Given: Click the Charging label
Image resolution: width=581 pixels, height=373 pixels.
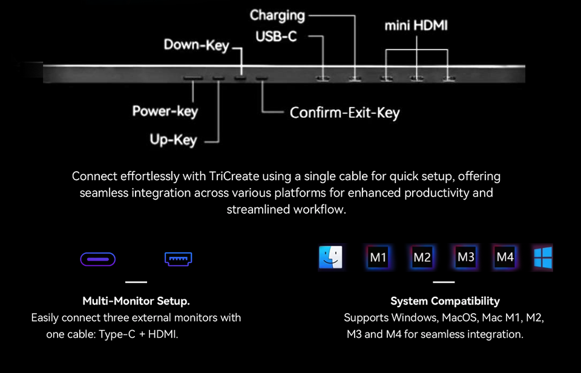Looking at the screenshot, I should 277,15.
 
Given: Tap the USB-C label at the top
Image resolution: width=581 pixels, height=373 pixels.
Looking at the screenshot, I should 276,36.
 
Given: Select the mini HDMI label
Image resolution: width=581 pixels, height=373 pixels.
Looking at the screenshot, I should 416,25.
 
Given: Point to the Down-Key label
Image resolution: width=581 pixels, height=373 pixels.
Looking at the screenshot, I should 196,45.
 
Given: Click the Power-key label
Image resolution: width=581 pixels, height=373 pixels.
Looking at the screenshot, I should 165,111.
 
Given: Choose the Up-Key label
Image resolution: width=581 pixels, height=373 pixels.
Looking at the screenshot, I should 173,140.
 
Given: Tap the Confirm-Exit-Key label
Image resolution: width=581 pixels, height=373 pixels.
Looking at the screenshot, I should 344,113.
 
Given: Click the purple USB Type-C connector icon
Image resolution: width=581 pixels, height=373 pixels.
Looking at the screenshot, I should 98,260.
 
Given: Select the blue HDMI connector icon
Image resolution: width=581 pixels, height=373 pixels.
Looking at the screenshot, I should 178,259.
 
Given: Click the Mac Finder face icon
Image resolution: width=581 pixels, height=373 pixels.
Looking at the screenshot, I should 330,258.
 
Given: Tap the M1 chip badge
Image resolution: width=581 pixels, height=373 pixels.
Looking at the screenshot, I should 378,258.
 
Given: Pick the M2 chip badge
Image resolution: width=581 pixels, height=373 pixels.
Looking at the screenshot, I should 422,258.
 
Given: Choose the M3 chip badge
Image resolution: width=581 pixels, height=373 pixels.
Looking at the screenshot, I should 465,258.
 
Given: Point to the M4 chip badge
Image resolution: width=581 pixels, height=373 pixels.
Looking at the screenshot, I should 505,258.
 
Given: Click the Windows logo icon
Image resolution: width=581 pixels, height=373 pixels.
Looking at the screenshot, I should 543,258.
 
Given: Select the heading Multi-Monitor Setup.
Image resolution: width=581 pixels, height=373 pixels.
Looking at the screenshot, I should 136,301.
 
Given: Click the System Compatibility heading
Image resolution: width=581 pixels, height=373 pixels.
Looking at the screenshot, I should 445,301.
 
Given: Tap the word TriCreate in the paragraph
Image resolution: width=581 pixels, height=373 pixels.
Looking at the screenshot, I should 234,177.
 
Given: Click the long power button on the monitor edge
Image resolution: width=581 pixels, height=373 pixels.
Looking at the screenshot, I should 193,78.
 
